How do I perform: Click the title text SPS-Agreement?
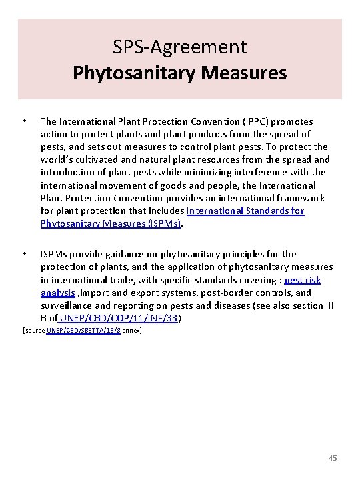(180, 47)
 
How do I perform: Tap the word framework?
(301, 198)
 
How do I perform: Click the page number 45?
(333, 458)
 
